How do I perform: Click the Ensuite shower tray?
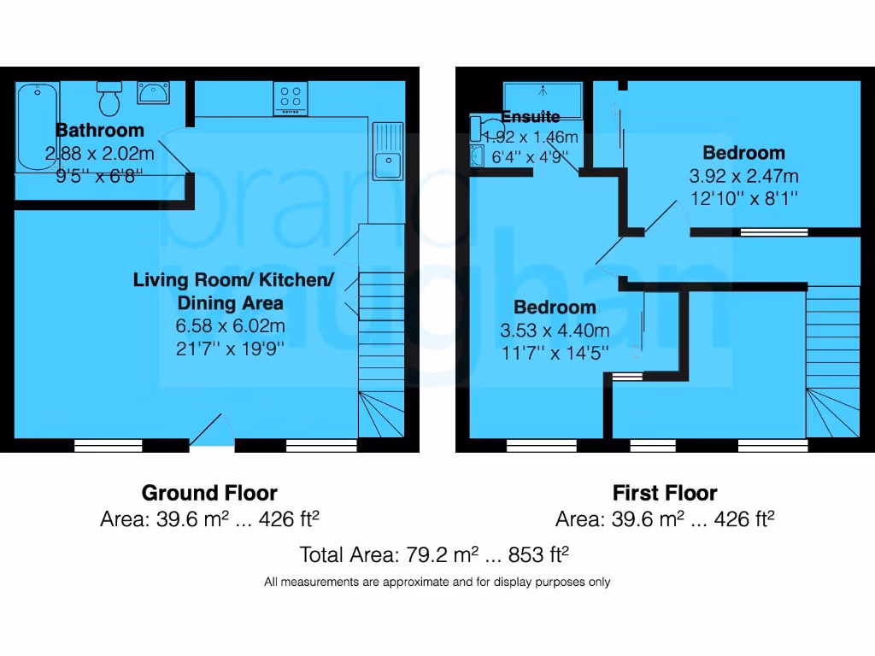(543, 101)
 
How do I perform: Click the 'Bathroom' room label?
(100, 131)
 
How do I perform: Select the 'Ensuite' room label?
(531, 117)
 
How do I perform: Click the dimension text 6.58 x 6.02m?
(231, 325)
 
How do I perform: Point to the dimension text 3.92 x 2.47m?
(743, 177)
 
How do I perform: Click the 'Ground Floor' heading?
(209, 493)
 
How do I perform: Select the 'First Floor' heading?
(665, 493)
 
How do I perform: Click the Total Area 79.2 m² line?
(434, 554)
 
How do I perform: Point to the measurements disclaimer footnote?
(437, 583)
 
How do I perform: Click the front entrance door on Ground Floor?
(212, 432)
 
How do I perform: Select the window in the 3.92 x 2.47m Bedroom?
(773, 231)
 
